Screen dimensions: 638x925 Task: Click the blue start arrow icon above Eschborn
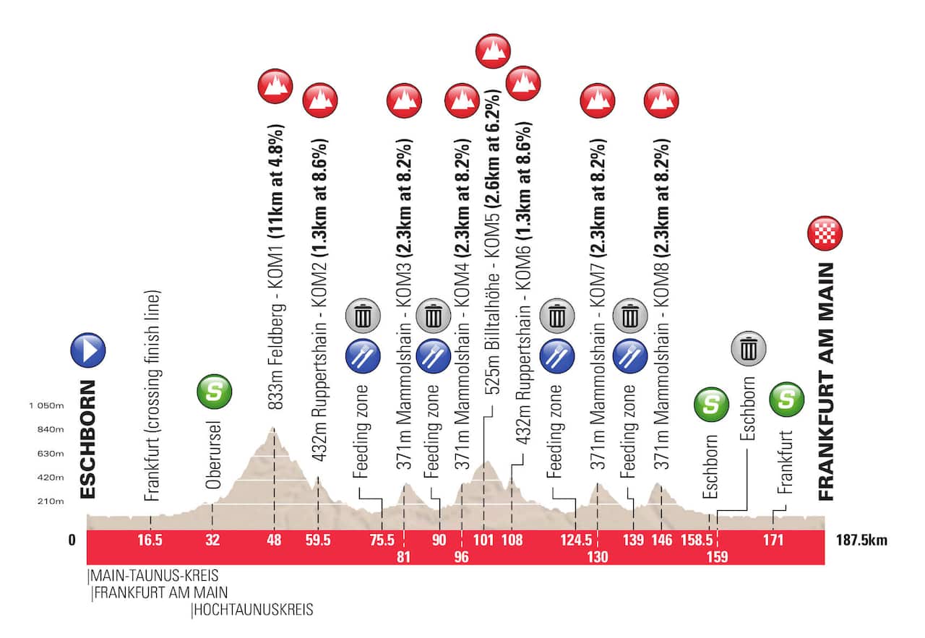(x=88, y=350)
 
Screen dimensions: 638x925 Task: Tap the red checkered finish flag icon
(x=825, y=233)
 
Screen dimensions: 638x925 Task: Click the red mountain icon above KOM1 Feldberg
(x=275, y=87)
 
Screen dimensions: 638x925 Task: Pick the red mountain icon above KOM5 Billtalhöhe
(x=494, y=51)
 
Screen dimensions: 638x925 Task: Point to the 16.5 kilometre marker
(x=150, y=539)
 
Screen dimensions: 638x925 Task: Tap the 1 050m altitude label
(x=47, y=407)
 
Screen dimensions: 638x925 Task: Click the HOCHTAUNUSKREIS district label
(x=254, y=611)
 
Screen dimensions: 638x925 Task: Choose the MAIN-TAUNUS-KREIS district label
(x=153, y=576)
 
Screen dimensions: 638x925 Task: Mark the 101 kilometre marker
(x=483, y=539)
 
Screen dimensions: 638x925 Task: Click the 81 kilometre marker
(x=403, y=556)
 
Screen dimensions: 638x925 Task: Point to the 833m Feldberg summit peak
(x=273, y=428)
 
